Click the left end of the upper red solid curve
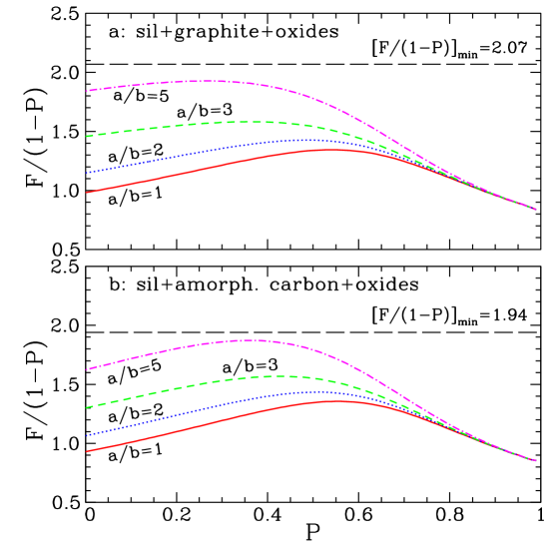click(87, 193)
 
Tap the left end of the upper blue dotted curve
click(87, 173)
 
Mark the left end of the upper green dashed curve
click(87, 136)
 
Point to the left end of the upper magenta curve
click(87, 91)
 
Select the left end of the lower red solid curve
click(87, 451)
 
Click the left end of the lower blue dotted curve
click(87, 435)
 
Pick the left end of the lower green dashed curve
click(87, 407)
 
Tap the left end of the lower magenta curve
click(87, 369)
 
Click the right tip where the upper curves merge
click(536, 210)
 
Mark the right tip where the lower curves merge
click(536, 461)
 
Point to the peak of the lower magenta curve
click(245, 340)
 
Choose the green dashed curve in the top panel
click(200, 124)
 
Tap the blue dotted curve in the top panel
click(200, 153)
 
